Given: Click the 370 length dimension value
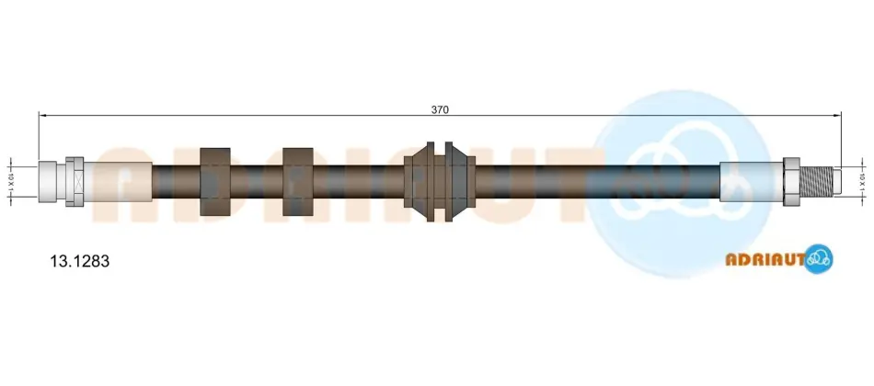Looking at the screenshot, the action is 439,109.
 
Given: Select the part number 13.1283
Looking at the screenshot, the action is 80,261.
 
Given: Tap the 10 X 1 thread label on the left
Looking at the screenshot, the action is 10,182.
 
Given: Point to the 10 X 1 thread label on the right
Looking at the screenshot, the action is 862,182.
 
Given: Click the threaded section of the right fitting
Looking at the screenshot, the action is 815,182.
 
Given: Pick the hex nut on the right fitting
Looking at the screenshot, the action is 791,182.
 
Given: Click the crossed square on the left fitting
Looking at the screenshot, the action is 75,182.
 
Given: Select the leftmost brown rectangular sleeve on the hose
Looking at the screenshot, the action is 215,182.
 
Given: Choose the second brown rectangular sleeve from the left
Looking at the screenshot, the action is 298,182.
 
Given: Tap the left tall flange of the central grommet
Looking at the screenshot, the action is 431,182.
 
